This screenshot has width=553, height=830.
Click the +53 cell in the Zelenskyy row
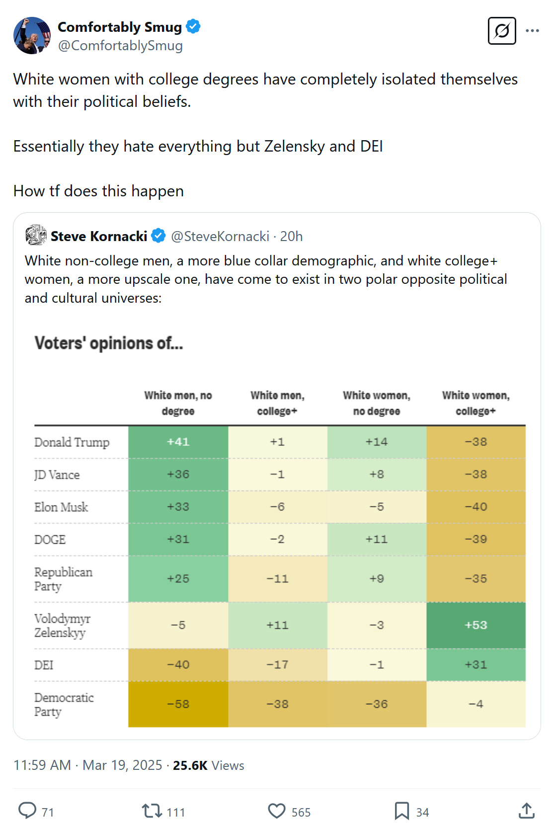click(x=475, y=625)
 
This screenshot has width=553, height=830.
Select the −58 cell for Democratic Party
click(x=178, y=704)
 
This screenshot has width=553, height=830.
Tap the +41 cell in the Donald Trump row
click(x=178, y=442)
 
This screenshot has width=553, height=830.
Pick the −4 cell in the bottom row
click(x=475, y=704)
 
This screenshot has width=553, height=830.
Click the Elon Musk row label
click(x=61, y=507)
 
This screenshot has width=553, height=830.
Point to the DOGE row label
click(x=50, y=539)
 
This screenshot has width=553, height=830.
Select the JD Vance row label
click(x=57, y=475)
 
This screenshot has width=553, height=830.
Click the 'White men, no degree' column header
click(x=178, y=403)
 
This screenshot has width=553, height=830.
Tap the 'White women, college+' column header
click(x=475, y=403)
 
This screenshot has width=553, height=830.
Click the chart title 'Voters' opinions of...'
click(x=109, y=343)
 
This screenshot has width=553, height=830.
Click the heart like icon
click(x=277, y=811)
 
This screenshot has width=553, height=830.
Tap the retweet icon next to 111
click(x=152, y=811)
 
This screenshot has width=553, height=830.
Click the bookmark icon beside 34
click(x=401, y=811)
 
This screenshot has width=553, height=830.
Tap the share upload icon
click(x=527, y=811)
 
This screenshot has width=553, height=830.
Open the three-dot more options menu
click(x=532, y=31)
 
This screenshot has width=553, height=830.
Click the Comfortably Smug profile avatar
click(x=32, y=35)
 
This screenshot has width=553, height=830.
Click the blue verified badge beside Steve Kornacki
click(x=158, y=236)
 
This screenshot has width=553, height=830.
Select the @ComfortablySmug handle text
click(x=120, y=46)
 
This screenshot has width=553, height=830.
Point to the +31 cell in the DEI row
click(x=475, y=665)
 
